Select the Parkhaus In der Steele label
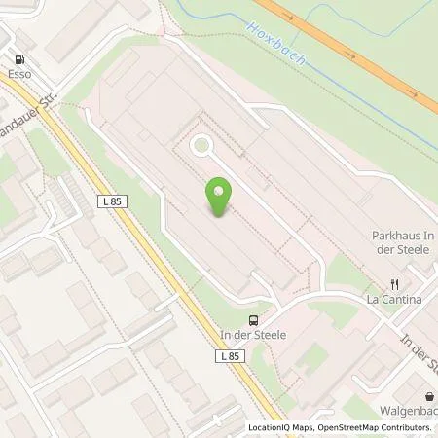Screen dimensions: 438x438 (402, 242)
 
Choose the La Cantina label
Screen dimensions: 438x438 (394, 300)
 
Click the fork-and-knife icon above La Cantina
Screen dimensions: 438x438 (395, 285)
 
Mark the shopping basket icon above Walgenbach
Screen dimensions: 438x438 (429, 395)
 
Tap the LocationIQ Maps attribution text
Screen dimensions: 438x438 (283, 427)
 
